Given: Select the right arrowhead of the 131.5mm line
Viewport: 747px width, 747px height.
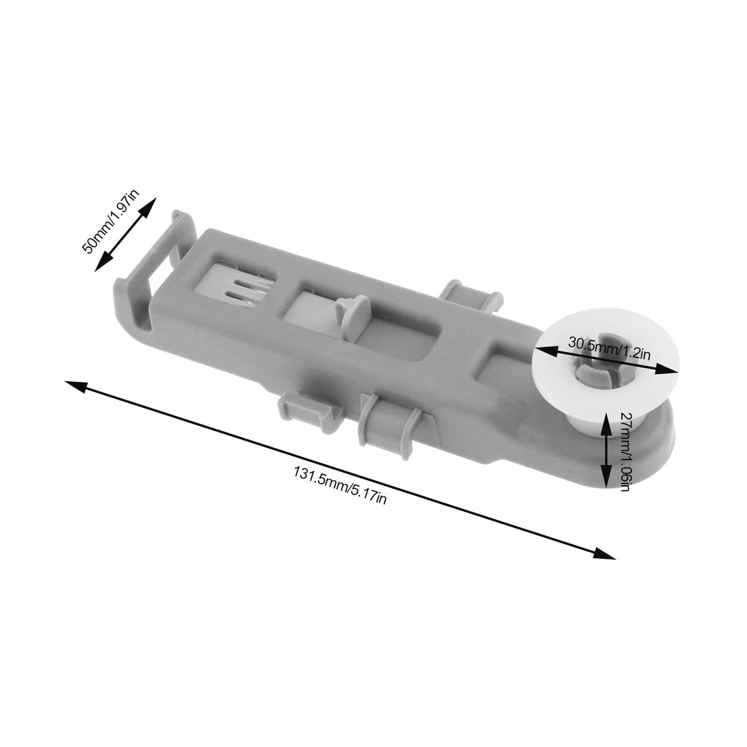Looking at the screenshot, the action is coord(605,553).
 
